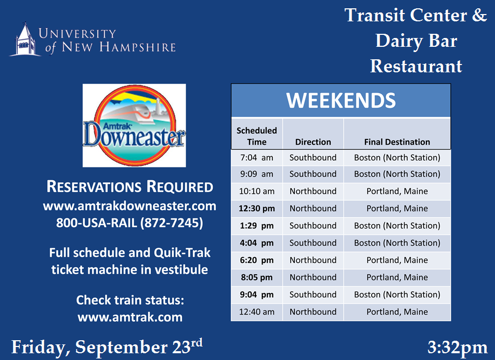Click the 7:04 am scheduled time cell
click(257, 157)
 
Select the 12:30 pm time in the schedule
click(257, 209)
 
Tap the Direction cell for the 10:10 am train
click(313, 191)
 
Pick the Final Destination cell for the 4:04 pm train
click(397, 243)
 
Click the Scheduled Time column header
click(257, 136)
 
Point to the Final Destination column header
click(397, 142)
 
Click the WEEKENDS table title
click(341, 100)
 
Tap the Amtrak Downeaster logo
click(134, 125)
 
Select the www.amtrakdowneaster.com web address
click(130, 206)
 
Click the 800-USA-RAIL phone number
click(130, 223)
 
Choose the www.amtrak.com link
click(130, 317)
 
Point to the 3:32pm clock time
click(458, 348)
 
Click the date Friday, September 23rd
click(107, 347)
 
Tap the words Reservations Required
click(130, 186)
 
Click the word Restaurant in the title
click(416, 66)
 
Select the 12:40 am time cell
click(257, 312)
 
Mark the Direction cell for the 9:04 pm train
click(313, 294)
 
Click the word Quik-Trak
click(182, 253)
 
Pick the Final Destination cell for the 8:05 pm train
click(397, 277)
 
